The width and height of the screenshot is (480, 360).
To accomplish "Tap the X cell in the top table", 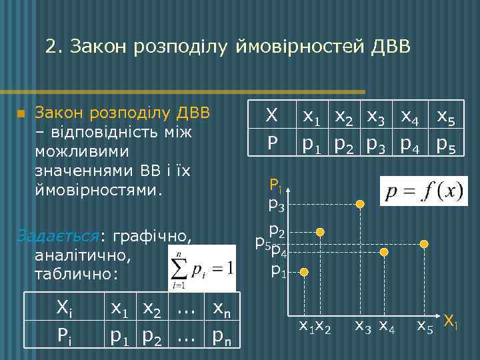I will [x=271, y=115].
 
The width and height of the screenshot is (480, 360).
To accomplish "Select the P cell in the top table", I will [x=271, y=143].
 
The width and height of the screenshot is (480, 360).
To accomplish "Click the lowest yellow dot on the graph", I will [x=304, y=272].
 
